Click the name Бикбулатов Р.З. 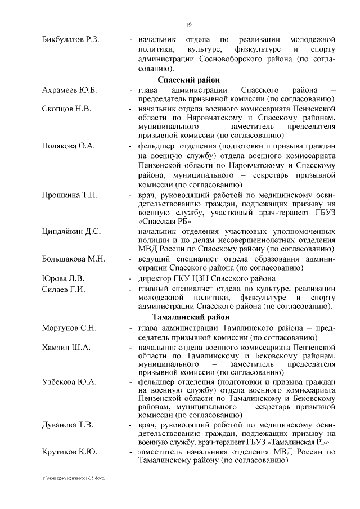70,40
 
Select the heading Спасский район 188,79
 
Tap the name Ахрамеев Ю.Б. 70,90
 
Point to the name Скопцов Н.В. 66,107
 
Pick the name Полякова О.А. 68,146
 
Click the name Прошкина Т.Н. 70,195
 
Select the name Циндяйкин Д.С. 71,231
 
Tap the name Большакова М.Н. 73,259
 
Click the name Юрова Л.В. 63,278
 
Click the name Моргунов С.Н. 70,328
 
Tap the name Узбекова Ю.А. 69,382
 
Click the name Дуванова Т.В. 67,424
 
